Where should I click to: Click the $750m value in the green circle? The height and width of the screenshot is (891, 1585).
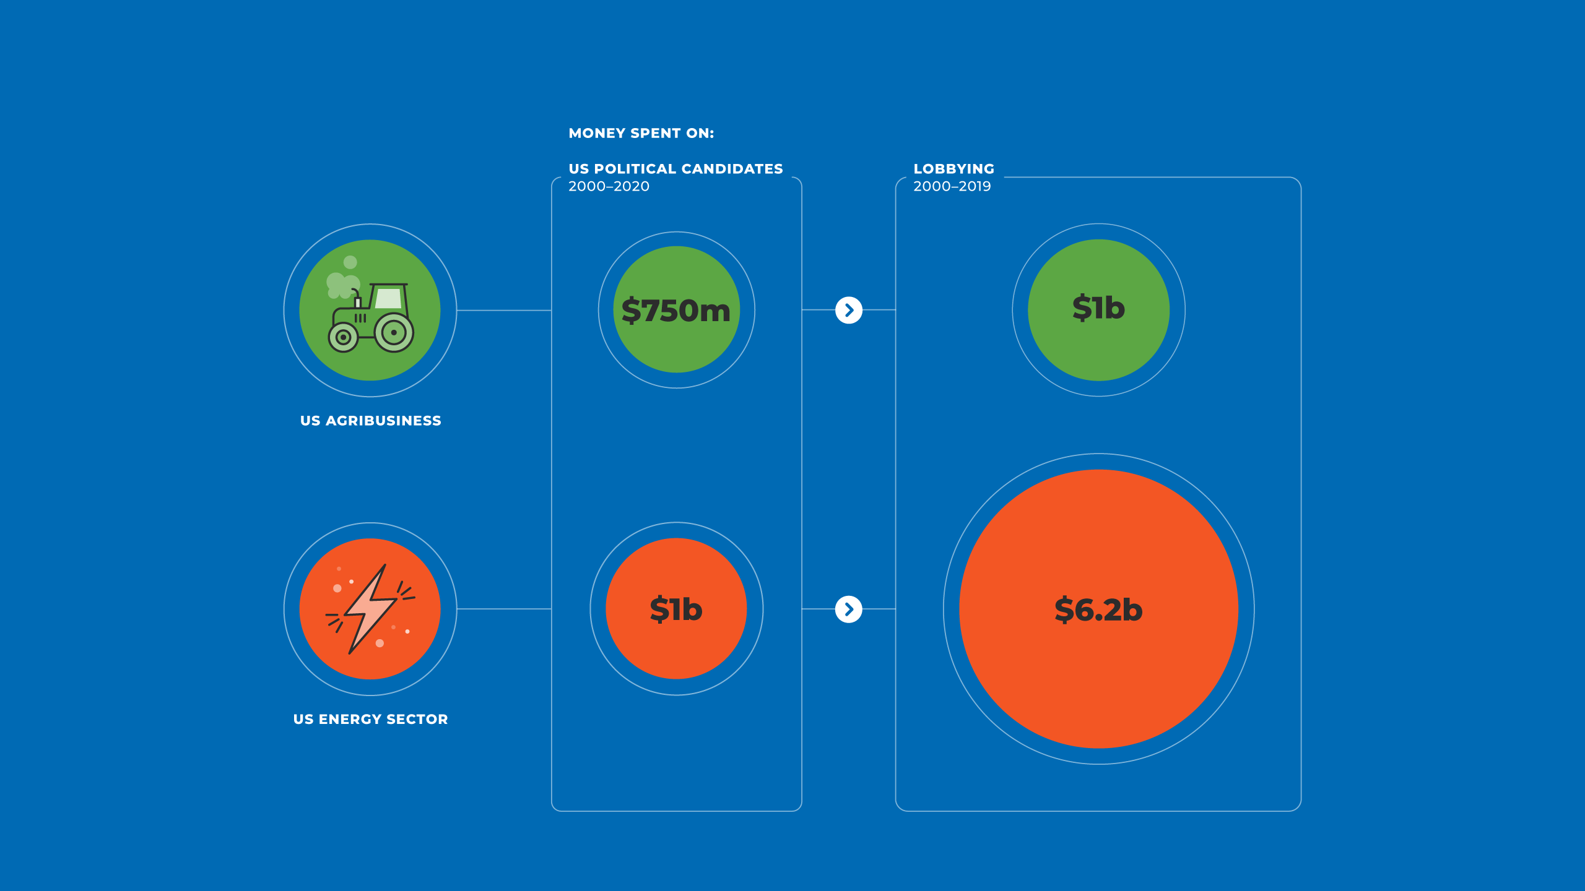point(676,310)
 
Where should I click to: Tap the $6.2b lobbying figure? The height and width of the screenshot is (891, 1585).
point(1098,609)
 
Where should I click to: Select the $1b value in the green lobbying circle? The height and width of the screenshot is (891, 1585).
point(1098,308)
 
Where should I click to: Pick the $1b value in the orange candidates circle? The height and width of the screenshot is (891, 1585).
point(676,609)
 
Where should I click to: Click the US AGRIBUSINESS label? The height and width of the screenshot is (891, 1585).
point(370,421)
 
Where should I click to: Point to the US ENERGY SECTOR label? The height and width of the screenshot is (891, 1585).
point(370,719)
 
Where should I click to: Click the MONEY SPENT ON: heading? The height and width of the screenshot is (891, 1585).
point(641,133)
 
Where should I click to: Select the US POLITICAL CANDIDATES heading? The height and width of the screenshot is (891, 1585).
point(675,169)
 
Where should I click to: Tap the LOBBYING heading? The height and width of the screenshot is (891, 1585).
point(953,169)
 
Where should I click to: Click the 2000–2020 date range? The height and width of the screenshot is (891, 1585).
point(609,186)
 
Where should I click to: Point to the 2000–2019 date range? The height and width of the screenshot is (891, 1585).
point(952,186)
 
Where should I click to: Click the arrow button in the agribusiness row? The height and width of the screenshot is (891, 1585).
point(848,310)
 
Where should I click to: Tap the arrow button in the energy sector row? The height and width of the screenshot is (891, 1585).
point(848,609)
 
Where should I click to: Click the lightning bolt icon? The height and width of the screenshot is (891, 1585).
point(370,609)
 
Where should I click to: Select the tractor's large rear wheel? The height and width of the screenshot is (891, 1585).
point(394,333)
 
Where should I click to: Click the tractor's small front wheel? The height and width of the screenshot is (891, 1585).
point(343,337)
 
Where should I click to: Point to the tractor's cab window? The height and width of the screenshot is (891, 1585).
point(389,298)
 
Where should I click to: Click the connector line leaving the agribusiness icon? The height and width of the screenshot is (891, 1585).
point(503,310)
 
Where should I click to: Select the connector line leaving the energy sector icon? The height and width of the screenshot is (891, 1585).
point(503,609)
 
